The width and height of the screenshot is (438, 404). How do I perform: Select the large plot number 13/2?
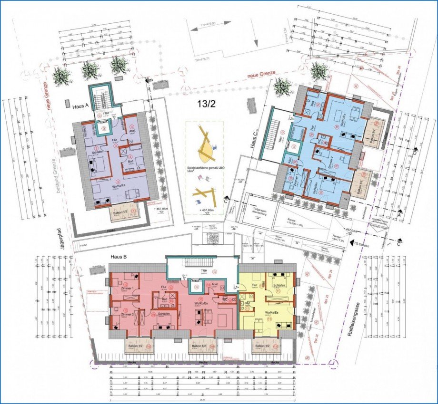pos(206,105)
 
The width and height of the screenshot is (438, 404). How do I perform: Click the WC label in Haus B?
pos(224,300)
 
